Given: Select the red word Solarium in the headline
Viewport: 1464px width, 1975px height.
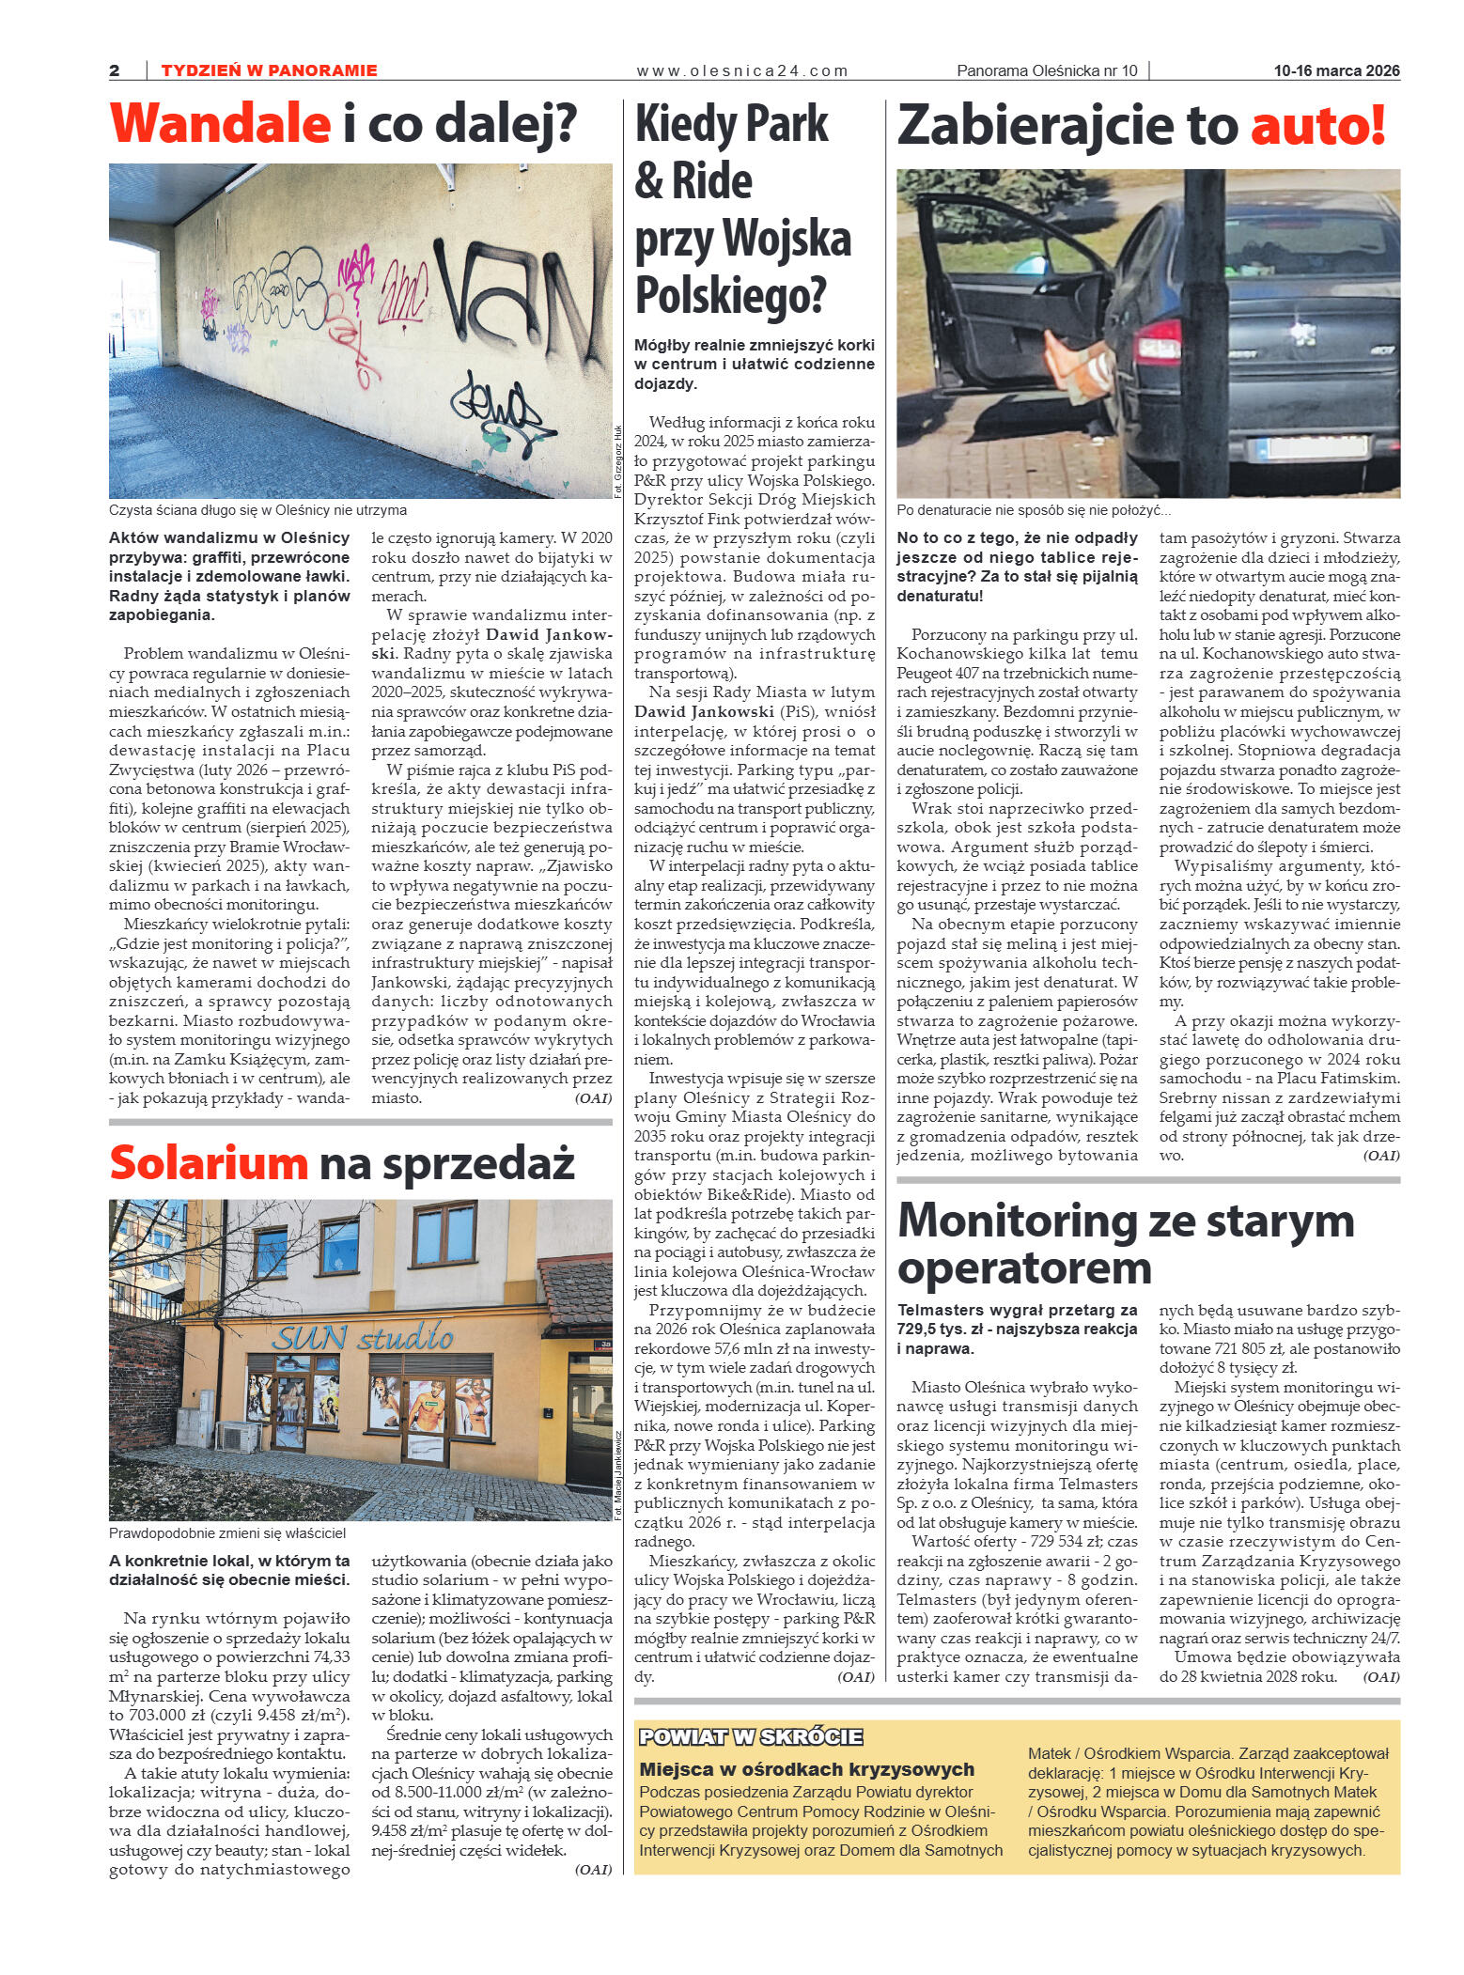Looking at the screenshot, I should pyautogui.click(x=209, y=1163).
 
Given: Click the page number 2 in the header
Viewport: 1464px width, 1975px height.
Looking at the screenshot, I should pyautogui.click(x=115, y=70).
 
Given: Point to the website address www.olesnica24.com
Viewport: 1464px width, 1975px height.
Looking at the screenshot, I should pyautogui.click(x=741, y=70).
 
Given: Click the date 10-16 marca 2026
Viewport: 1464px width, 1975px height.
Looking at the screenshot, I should pyautogui.click(x=1336, y=70).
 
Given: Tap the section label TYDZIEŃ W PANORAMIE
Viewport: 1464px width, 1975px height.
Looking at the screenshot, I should pyautogui.click(x=269, y=70).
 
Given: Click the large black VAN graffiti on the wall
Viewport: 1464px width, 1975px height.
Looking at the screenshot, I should pyautogui.click(x=512, y=287).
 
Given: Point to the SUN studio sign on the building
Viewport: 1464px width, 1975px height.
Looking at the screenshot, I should pyautogui.click(x=363, y=1337).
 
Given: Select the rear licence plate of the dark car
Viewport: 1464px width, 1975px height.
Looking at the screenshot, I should pyautogui.click(x=1314, y=447).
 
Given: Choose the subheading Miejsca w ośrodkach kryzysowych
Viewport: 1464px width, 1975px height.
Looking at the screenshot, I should pyautogui.click(x=806, y=1769).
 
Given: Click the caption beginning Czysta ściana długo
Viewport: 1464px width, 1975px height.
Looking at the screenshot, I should pyautogui.click(x=257, y=510).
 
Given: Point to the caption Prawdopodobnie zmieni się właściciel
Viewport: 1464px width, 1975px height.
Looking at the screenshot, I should pyautogui.click(x=227, y=1533).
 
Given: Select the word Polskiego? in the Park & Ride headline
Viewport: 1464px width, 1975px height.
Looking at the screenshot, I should pyautogui.click(x=730, y=295).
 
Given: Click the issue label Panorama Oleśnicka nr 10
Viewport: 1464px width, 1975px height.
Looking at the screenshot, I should pyautogui.click(x=1046, y=70).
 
